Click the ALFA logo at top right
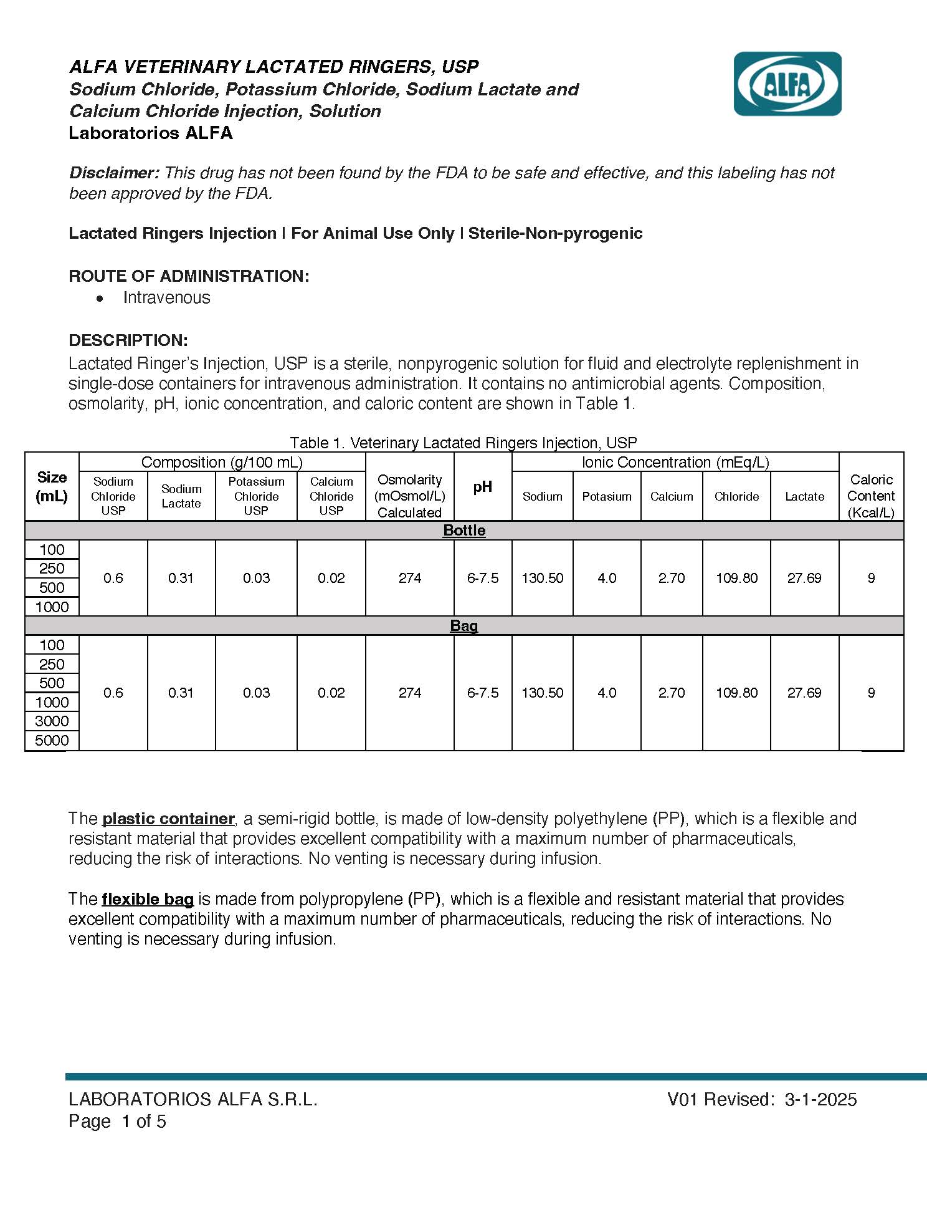tap(787, 84)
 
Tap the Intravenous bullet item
tap(166, 298)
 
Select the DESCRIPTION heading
tap(128, 340)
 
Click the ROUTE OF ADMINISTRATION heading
tap(189, 276)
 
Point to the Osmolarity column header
tap(409, 496)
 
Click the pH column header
tap(482, 487)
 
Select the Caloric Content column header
tap(870, 496)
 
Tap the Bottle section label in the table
tap(464, 531)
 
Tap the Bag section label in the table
tap(464, 626)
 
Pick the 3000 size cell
tap(52, 721)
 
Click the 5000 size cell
tap(52, 741)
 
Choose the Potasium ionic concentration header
tap(606, 496)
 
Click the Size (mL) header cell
tap(52, 487)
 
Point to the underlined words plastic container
tap(168, 819)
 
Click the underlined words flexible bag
tap(148, 899)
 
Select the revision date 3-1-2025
tap(820, 1099)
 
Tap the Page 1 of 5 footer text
tap(117, 1122)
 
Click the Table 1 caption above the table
tap(463, 443)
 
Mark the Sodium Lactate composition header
tap(181, 496)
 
